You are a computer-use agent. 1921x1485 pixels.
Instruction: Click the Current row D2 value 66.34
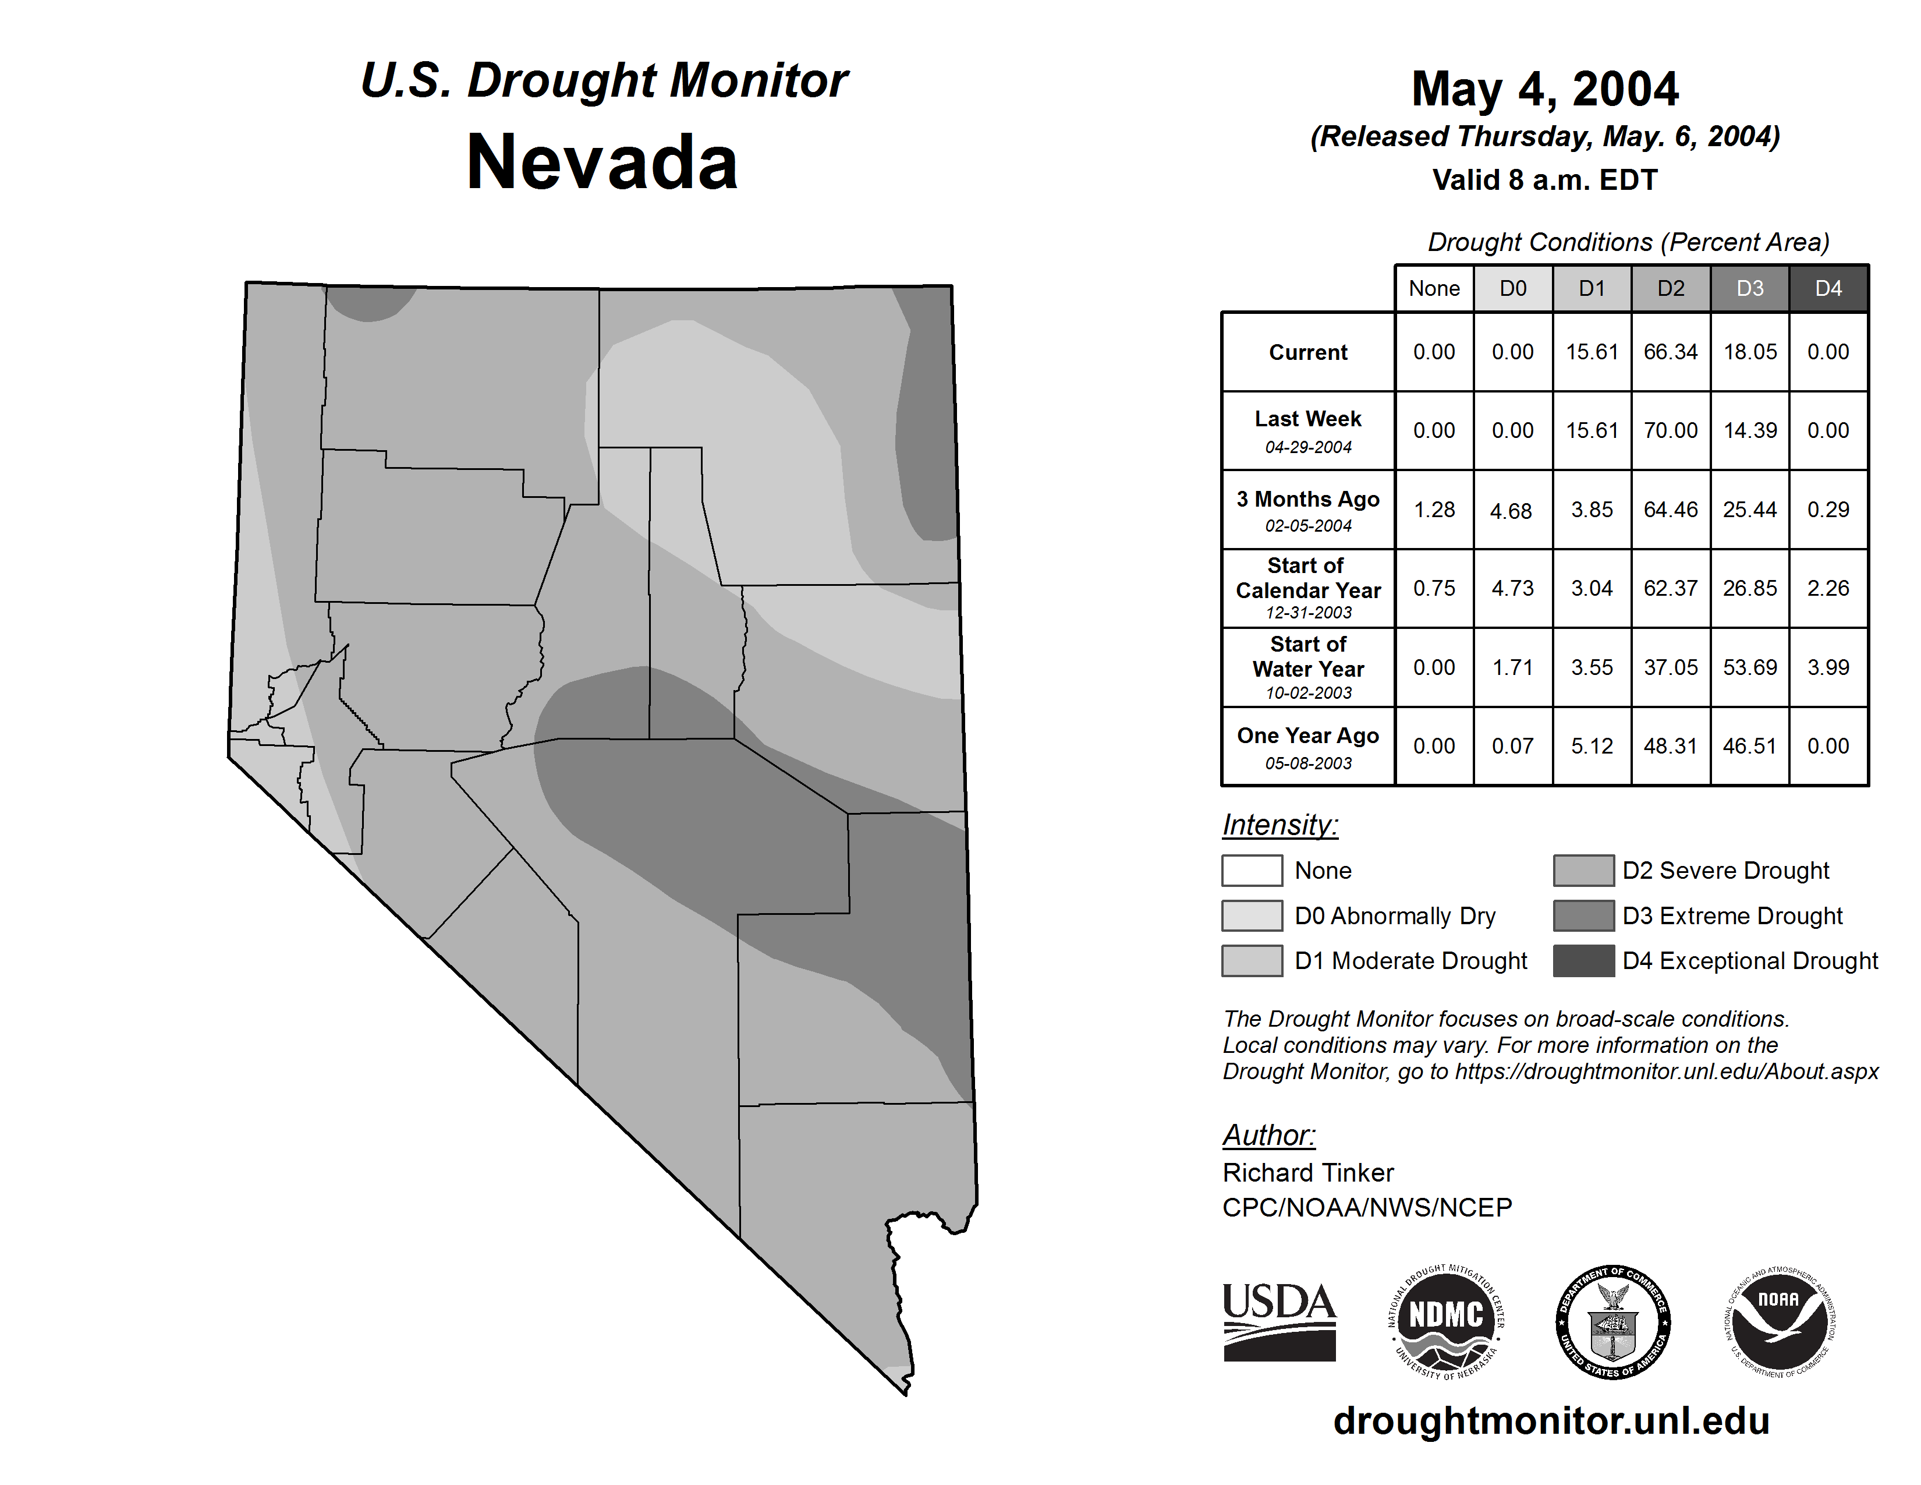(x=1670, y=352)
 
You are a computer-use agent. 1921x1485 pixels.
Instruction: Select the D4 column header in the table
(x=1828, y=288)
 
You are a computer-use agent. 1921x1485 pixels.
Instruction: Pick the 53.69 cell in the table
(x=1749, y=668)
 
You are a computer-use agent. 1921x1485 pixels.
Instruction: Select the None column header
(x=1434, y=288)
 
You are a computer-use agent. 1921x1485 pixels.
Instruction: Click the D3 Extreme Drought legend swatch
(x=1583, y=916)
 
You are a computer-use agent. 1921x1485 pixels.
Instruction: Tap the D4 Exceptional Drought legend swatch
(x=1583, y=961)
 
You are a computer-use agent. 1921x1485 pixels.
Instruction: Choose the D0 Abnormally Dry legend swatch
(x=1252, y=916)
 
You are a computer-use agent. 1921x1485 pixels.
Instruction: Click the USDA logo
(x=1279, y=1321)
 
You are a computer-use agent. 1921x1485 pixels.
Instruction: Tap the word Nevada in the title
(x=602, y=162)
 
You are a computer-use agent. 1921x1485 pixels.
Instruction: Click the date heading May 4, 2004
(x=1544, y=89)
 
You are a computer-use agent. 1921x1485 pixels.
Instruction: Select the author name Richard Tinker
(x=1308, y=1173)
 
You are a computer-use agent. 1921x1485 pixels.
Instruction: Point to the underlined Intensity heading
(x=1280, y=825)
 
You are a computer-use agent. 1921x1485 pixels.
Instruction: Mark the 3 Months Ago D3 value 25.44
(x=1749, y=510)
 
